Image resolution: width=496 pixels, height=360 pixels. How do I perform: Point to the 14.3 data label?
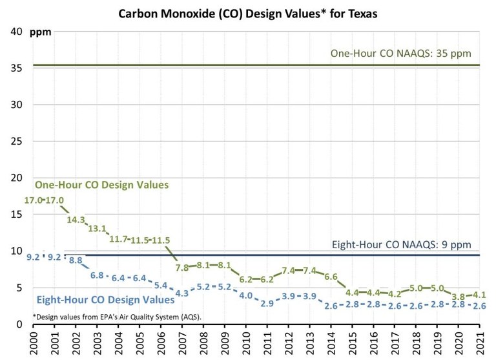click(76, 220)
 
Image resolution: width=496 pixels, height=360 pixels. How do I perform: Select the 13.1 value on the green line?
click(97, 229)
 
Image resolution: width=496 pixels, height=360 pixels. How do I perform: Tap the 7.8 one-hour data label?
click(182, 267)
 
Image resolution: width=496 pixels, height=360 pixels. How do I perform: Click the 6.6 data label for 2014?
click(331, 277)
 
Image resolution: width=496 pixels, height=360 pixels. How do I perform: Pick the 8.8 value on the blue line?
click(76, 260)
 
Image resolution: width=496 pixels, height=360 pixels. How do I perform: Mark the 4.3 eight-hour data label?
click(182, 293)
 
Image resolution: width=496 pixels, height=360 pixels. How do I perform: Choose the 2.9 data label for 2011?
click(267, 303)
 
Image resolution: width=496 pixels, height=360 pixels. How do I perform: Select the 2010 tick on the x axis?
click(245, 341)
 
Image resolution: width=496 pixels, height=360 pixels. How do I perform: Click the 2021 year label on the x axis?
click(479, 341)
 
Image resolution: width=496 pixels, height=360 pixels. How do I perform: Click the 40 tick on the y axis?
click(15, 31)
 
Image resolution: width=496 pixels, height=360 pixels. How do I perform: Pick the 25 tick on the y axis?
click(15, 141)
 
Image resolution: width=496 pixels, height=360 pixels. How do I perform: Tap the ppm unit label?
click(43, 32)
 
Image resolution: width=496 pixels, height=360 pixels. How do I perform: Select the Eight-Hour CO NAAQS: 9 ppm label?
click(401, 245)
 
